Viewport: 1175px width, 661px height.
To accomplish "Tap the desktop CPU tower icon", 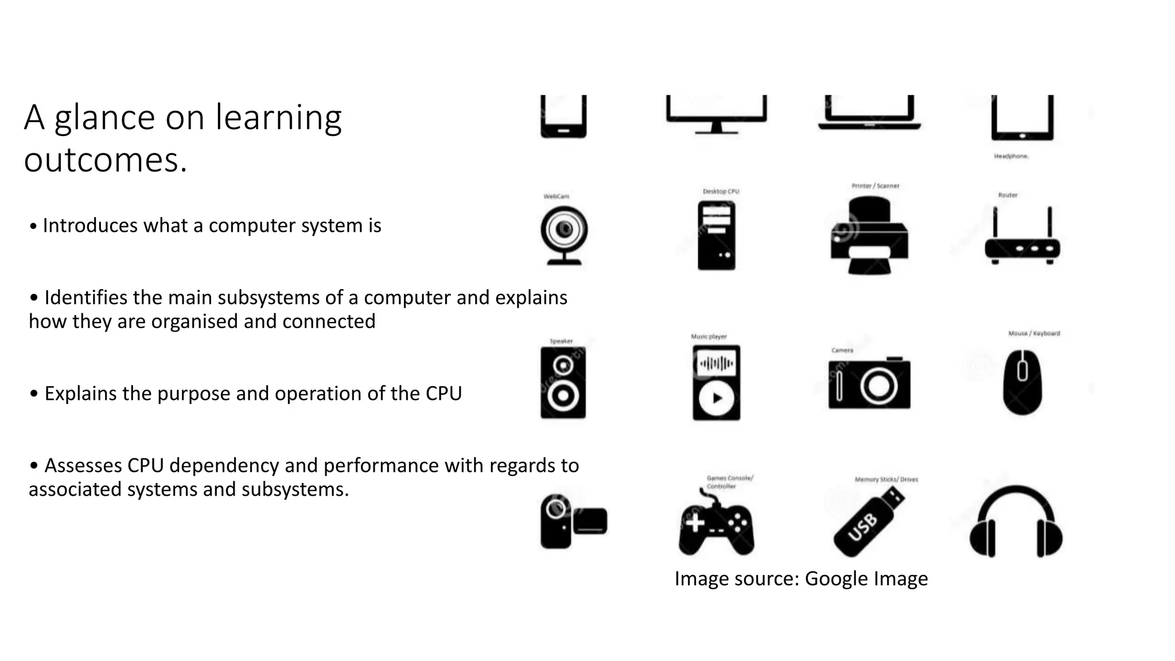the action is pyautogui.click(x=717, y=236).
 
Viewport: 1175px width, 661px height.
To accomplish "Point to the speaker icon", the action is pyautogui.click(x=563, y=382).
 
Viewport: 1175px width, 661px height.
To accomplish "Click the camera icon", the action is pyautogui.click(x=869, y=383).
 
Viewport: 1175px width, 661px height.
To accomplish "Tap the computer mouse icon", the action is pyautogui.click(x=1022, y=382).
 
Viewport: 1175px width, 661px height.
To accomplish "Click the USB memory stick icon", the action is pyautogui.click(x=868, y=522).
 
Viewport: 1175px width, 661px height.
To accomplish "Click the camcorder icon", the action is pyautogui.click(x=573, y=521).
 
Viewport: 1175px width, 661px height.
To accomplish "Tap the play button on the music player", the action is pyautogui.click(x=717, y=398).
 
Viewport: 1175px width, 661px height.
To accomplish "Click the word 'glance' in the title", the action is pyautogui.click(x=105, y=118).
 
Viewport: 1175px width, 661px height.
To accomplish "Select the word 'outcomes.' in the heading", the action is pyautogui.click(x=106, y=160).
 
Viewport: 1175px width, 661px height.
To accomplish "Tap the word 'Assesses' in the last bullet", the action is pyautogui.click(x=83, y=465).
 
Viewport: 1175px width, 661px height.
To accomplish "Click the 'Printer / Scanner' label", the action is pyautogui.click(x=876, y=186).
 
